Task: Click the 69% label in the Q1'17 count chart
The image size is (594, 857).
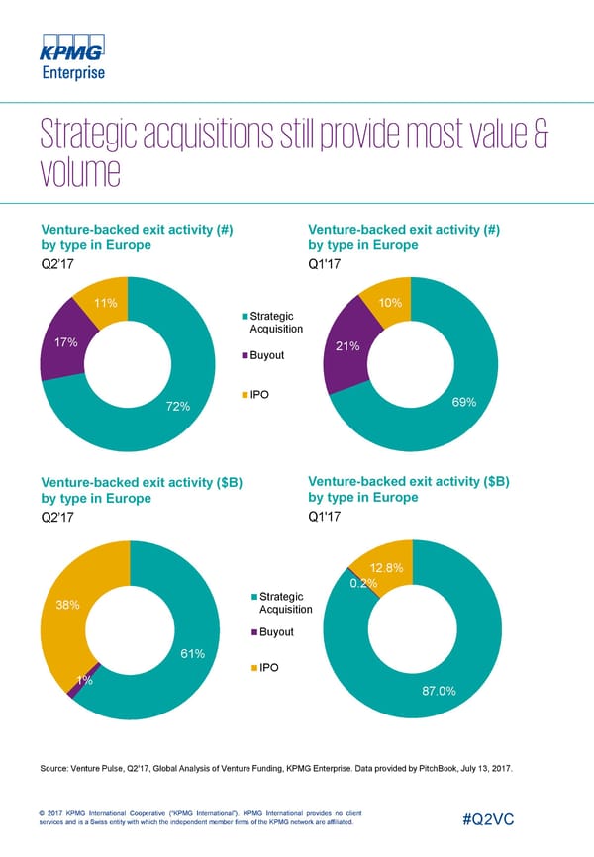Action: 464,402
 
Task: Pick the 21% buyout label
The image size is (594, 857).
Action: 347,346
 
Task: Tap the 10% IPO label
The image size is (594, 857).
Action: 389,303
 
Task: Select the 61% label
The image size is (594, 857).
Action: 192,653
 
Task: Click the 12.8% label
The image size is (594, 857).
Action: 386,568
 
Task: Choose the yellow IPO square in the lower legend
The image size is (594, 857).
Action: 253,668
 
